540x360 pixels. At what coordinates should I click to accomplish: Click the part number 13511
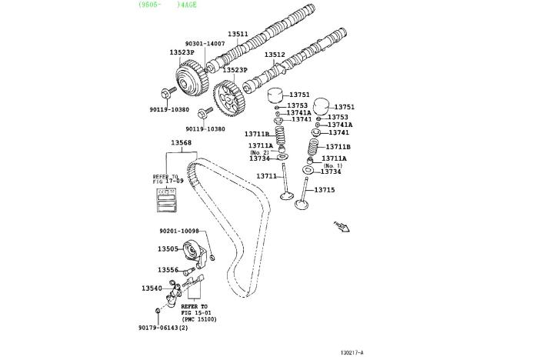(238, 34)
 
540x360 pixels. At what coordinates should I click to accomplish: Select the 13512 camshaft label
(275, 55)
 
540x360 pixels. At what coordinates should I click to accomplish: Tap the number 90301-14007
(205, 44)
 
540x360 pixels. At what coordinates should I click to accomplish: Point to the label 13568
(182, 143)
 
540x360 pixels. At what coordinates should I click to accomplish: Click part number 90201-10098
(179, 231)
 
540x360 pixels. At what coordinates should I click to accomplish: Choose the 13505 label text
(168, 249)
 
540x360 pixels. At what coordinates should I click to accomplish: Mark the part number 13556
(168, 270)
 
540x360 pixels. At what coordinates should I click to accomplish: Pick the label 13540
(152, 288)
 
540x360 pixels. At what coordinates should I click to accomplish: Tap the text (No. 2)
(259, 152)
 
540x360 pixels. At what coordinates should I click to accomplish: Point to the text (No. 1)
(332, 165)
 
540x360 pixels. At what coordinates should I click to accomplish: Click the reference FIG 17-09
(165, 182)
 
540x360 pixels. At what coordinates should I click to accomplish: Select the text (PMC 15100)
(199, 319)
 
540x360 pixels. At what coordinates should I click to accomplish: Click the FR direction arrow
(341, 226)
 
